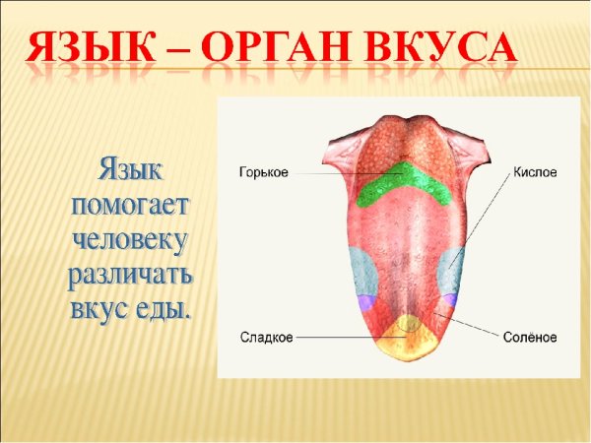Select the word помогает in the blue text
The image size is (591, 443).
click(x=131, y=205)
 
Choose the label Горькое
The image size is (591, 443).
click(x=263, y=172)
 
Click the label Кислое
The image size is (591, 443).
click(x=535, y=172)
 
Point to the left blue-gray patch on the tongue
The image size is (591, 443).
click(x=361, y=269)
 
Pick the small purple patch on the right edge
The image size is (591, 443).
click(x=449, y=300)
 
